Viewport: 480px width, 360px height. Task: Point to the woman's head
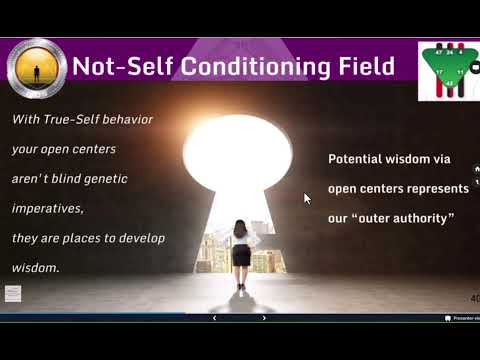[x=241, y=227]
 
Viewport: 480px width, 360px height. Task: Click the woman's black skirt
[x=241, y=254]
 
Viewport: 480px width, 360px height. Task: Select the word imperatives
[x=48, y=209]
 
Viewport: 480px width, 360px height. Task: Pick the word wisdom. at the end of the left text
[x=35, y=268]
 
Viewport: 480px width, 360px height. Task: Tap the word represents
[x=438, y=188]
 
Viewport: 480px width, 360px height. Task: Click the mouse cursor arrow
[x=308, y=198]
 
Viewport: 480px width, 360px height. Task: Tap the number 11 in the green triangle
[x=460, y=72]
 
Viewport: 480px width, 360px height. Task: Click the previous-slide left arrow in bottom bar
[x=215, y=318]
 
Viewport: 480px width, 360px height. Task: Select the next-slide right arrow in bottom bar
[x=264, y=318]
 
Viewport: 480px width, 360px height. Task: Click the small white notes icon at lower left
[x=13, y=293]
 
